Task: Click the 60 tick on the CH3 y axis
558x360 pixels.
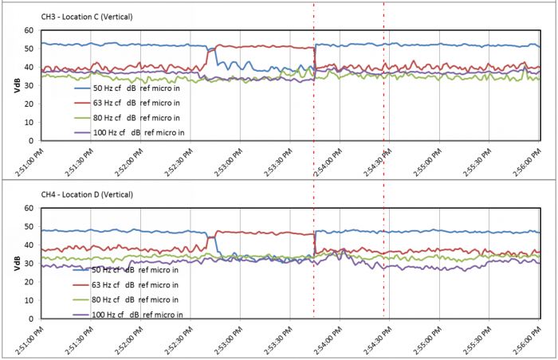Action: click(29, 30)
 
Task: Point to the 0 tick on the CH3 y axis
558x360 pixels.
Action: click(31, 140)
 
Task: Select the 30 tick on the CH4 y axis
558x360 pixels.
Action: click(29, 264)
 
